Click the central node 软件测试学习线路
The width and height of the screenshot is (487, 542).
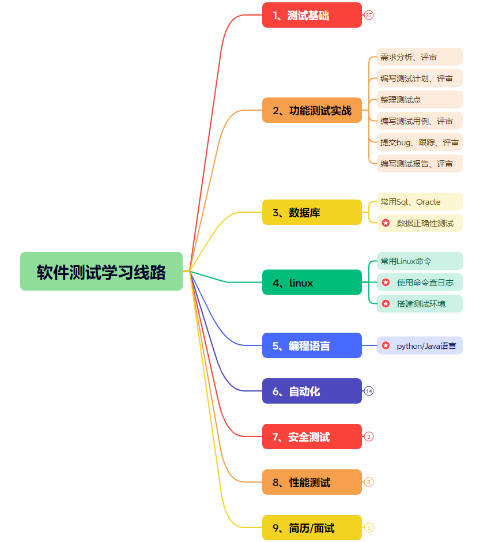pos(101,272)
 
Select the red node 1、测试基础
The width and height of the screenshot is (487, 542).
pos(312,15)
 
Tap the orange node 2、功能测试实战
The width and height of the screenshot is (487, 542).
pos(312,110)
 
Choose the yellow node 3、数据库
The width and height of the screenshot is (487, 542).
pos(312,212)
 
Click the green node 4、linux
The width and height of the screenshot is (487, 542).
pos(312,283)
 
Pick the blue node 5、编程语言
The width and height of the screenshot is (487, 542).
pos(312,345)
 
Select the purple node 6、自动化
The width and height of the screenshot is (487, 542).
pos(312,391)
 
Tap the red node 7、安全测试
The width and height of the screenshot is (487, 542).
pos(312,436)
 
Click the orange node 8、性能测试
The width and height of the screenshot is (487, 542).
pos(312,482)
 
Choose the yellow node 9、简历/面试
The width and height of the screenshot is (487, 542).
pos(312,528)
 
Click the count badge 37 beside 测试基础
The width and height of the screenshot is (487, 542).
pos(369,15)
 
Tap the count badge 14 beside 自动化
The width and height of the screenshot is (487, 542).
pos(369,391)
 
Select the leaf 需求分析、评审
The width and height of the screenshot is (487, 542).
pos(420,57)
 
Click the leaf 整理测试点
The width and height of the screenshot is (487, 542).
pos(420,100)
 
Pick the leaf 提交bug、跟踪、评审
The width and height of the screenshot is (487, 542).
pos(420,142)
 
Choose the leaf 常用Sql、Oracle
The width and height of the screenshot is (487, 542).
pos(420,202)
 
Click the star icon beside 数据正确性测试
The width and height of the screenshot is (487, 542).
pos(386,223)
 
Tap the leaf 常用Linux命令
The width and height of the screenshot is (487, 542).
pos(420,261)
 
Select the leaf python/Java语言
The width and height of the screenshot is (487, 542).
pos(420,346)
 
